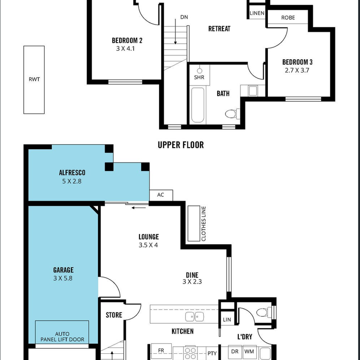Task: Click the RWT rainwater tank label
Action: click(34, 80)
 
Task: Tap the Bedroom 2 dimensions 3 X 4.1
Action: click(125, 48)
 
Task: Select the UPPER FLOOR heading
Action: click(181, 145)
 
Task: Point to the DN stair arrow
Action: click(175, 31)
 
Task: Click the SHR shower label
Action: click(199, 77)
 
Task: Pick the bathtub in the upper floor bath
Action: click(197, 105)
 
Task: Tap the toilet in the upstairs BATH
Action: click(232, 114)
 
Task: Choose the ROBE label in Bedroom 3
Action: click(288, 17)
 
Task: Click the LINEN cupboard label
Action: click(257, 13)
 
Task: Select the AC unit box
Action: click(161, 195)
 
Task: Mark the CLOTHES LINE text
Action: click(203, 224)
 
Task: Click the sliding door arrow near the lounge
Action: click(139, 208)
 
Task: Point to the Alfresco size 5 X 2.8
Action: click(72, 181)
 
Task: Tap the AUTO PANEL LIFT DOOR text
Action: click(62, 337)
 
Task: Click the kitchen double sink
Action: click(195, 317)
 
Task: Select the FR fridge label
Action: click(161, 350)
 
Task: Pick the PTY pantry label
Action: click(212, 353)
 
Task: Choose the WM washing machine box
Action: click(249, 352)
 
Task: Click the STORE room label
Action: click(114, 315)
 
